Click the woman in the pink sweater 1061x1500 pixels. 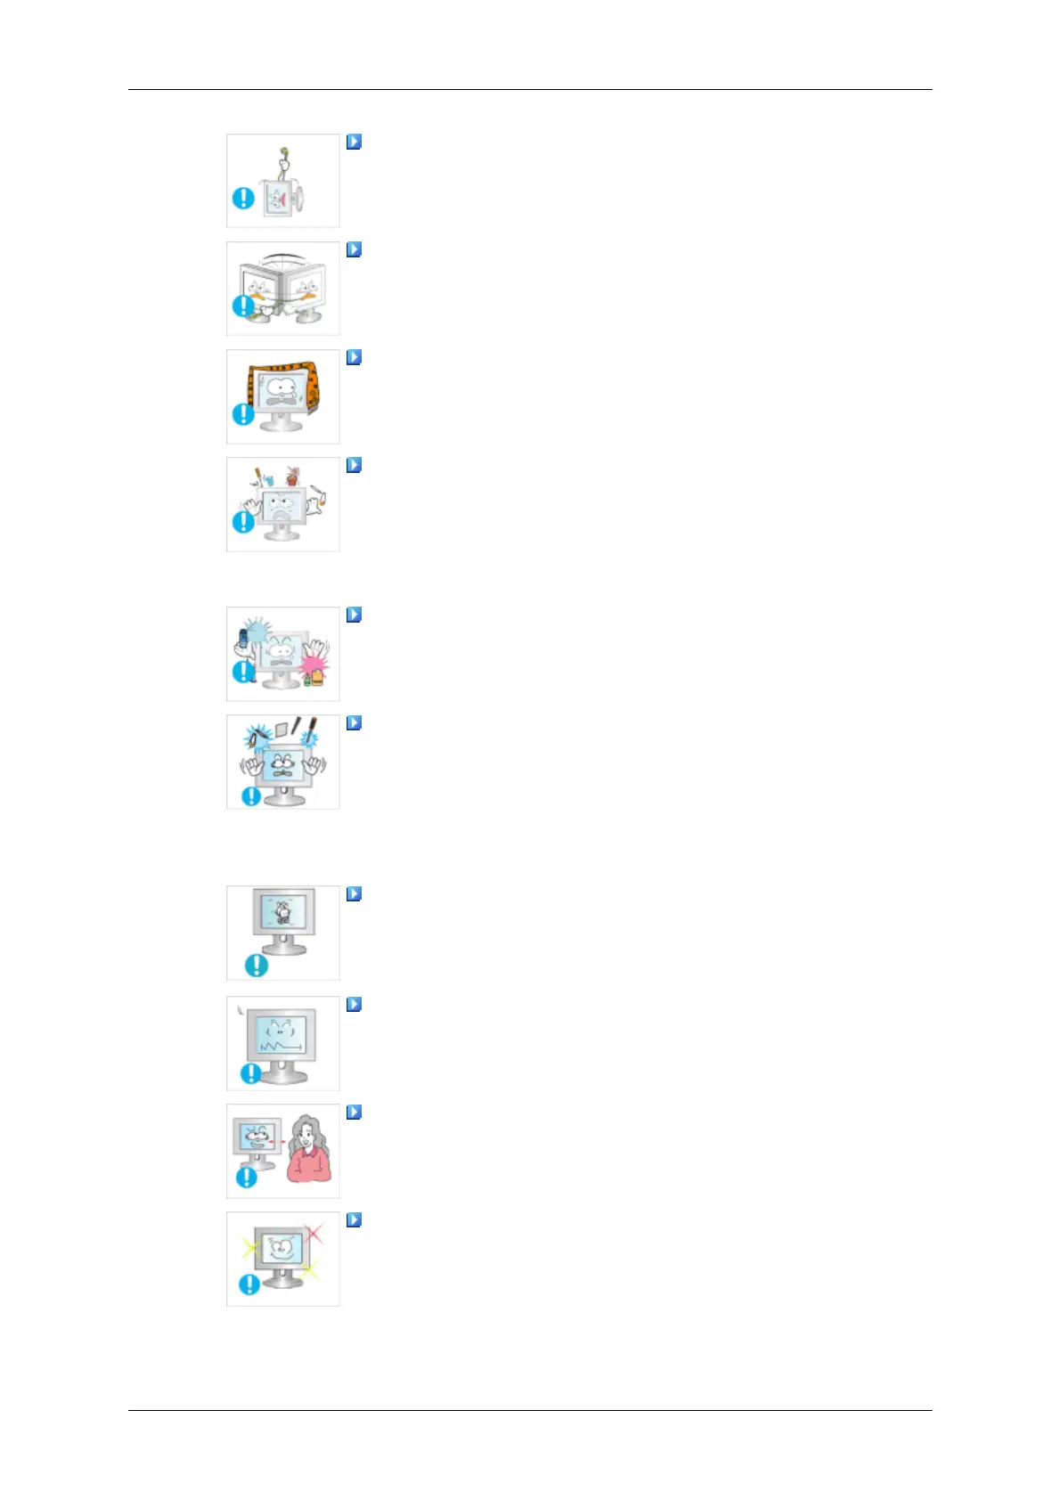[x=308, y=1150]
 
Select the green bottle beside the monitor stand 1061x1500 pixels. [x=307, y=682]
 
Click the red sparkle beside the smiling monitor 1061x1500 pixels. [x=314, y=1234]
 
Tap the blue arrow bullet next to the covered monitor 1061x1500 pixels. [x=354, y=357]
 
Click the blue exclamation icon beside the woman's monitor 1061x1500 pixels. [x=246, y=1178]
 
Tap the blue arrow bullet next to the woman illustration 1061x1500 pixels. [x=354, y=1112]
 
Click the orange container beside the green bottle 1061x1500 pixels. [x=318, y=680]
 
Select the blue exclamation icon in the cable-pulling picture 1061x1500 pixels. [x=243, y=199]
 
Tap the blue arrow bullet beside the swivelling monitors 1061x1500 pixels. [x=354, y=249]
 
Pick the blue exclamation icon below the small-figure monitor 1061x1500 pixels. [x=257, y=964]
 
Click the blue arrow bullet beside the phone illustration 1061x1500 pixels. [x=354, y=615]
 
